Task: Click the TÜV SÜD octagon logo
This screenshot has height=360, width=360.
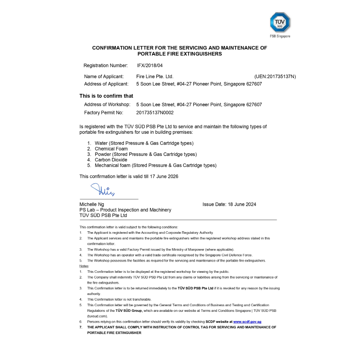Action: (280, 22)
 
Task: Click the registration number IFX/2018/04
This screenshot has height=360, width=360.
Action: (150, 65)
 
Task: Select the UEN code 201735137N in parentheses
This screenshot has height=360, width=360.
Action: (275, 76)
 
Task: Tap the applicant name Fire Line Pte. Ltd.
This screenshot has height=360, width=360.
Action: (155, 76)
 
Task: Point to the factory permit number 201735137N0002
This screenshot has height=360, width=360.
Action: (155, 113)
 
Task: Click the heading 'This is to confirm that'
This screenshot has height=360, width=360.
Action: (106, 96)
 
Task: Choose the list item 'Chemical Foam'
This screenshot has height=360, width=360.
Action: (111, 149)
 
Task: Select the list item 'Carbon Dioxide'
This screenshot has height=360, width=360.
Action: (111, 160)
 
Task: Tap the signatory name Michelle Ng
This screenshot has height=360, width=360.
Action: (92, 204)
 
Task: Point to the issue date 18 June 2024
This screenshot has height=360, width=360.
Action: (242, 204)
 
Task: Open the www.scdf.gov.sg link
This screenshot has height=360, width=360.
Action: (247, 322)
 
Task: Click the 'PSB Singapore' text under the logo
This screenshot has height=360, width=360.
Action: (280, 36)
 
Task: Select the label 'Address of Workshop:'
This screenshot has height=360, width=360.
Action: (107, 104)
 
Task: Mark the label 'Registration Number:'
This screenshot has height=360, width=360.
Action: (105, 65)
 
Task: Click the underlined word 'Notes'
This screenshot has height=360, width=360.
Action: (84, 266)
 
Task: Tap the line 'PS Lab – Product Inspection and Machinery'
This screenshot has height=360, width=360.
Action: (125, 210)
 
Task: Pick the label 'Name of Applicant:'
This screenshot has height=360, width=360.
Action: (104, 76)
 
